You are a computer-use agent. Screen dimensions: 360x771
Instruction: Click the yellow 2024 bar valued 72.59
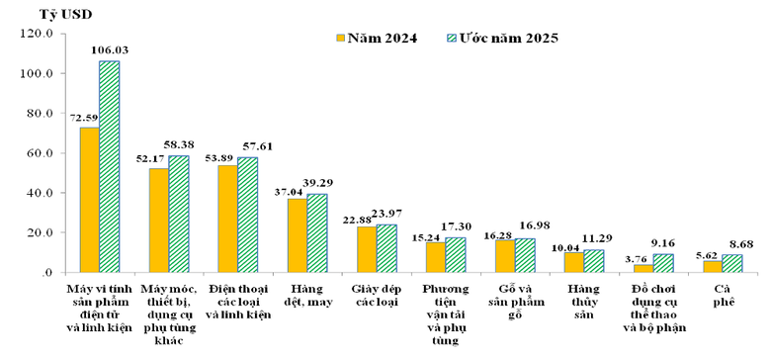click(x=89, y=200)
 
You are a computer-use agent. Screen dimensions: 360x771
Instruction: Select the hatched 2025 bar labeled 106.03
click(x=109, y=166)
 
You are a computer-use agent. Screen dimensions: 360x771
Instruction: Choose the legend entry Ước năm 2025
click(x=504, y=39)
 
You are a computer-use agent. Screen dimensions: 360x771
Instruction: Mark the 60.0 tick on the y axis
click(x=39, y=153)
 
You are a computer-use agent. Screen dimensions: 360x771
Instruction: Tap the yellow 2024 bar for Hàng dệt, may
click(x=297, y=235)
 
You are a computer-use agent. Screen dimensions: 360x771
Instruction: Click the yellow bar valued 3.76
click(x=642, y=268)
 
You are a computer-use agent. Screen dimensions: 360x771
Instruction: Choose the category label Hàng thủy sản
click(x=572, y=295)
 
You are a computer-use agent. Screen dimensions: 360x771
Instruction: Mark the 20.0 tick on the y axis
click(x=39, y=233)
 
